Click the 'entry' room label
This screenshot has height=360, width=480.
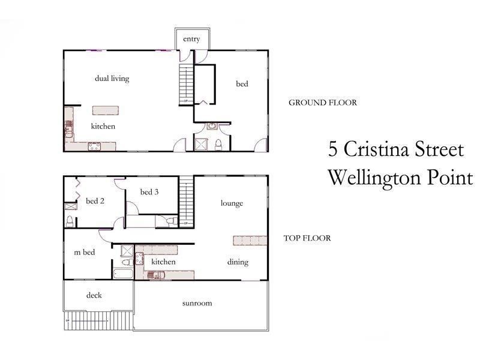(x=191, y=40)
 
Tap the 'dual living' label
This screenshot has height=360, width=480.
(x=112, y=79)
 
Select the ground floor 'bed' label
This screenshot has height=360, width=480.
(x=242, y=85)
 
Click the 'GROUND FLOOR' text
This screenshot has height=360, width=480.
(x=323, y=103)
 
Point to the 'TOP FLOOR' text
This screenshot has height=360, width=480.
(x=307, y=238)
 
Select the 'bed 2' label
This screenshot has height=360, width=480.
(x=95, y=201)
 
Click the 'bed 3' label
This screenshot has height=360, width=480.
(x=149, y=192)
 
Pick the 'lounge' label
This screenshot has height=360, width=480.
(x=232, y=203)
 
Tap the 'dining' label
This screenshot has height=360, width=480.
(x=238, y=262)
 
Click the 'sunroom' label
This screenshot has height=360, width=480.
(x=197, y=304)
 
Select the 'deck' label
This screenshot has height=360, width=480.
(x=94, y=295)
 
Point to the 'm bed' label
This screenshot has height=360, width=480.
(x=85, y=253)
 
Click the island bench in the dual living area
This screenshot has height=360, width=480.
(x=106, y=110)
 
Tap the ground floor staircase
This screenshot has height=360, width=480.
(x=185, y=84)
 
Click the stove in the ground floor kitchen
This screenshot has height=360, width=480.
(x=95, y=146)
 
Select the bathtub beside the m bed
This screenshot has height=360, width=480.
(x=122, y=274)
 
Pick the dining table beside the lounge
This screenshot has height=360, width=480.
(x=249, y=240)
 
